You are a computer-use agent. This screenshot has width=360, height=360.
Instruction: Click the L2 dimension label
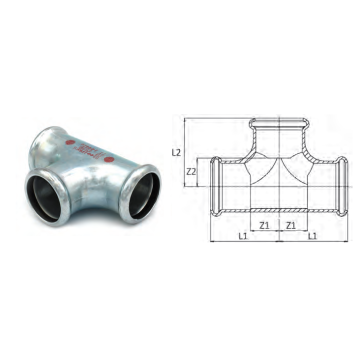pyautogui.click(x=176, y=153)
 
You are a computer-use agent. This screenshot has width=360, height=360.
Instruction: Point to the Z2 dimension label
pyautogui.click(x=191, y=172)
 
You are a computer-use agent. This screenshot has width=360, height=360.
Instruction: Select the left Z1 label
pyautogui.click(x=264, y=225)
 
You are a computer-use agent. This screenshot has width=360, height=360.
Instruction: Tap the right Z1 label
pyautogui.click(x=291, y=225)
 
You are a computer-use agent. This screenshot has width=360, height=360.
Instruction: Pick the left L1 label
pyautogui.click(x=243, y=236)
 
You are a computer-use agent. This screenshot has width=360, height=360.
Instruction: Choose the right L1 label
pyautogui.click(x=312, y=236)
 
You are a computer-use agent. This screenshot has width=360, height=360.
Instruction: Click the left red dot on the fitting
pyautogui.click(x=70, y=142)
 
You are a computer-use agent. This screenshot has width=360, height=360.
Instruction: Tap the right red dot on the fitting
pyautogui.click(x=108, y=160)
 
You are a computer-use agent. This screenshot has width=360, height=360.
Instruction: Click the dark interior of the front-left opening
pyautogui.click(x=45, y=198)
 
